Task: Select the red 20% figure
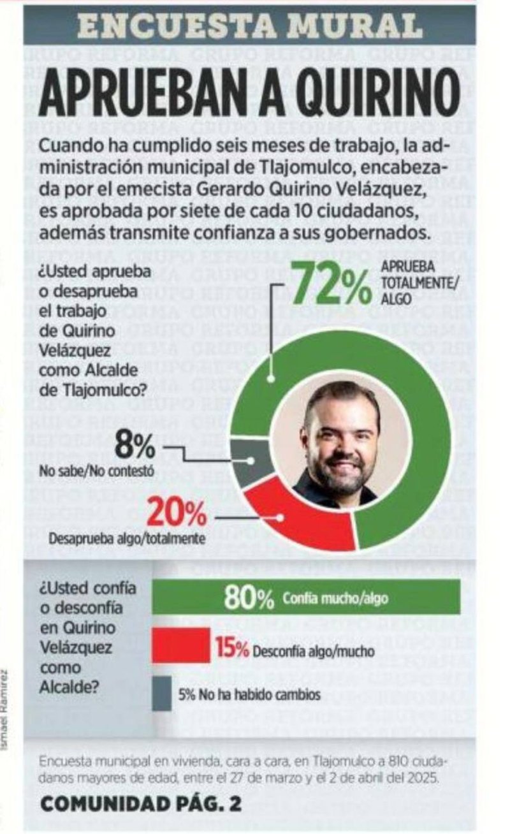point(177,514)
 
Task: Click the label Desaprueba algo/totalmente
point(127,539)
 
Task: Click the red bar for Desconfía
point(181,645)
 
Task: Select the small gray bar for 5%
point(161,693)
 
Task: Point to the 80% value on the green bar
point(249,597)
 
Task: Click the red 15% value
point(231,650)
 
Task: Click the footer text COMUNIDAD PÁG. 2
point(141,804)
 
